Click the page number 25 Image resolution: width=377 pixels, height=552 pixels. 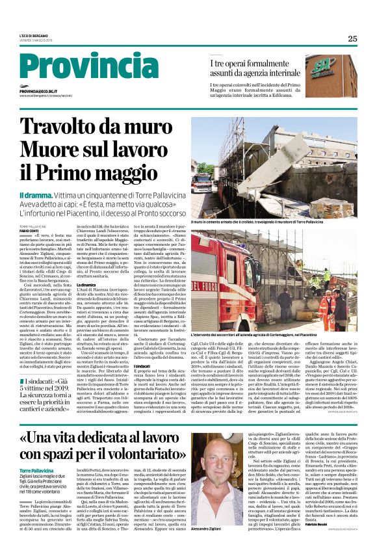point(352,38)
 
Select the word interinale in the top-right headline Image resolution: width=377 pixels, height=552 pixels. point(280,73)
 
